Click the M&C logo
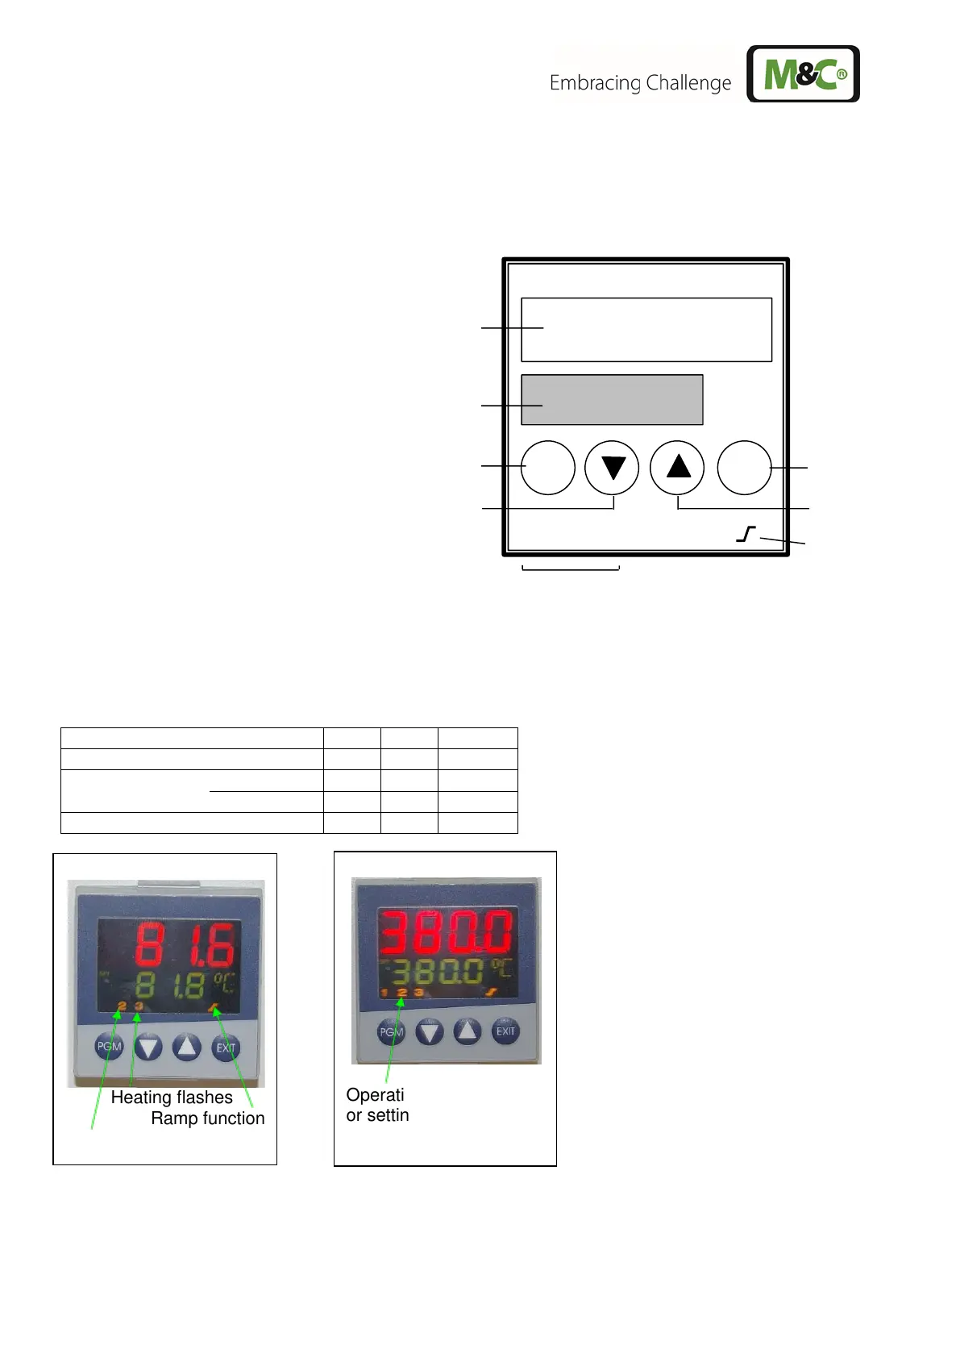tap(803, 74)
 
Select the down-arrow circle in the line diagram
tap(612, 468)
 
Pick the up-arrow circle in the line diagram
tap(677, 468)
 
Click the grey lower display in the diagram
tap(612, 400)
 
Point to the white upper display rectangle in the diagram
tap(646, 330)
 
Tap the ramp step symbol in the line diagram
tap(746, 534)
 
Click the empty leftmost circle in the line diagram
tap(547, 468)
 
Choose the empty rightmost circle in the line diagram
tap(744, 468)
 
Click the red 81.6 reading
tap(185, 944)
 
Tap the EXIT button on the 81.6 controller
tap(226, 1048)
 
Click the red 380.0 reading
tap(446, 933)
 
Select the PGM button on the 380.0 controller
tap(391, 1031)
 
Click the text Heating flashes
tap(172, 1098)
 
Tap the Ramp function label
tap(208, 1118)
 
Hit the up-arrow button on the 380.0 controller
tap(468, 1031)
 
